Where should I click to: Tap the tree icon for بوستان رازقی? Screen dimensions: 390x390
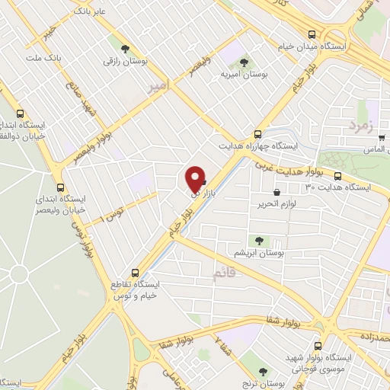point(116,42)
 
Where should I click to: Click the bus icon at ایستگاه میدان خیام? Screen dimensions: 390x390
point(312,34)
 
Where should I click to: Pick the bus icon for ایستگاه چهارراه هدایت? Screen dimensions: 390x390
point(258,131)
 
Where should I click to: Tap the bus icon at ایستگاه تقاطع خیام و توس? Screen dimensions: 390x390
point(136,272)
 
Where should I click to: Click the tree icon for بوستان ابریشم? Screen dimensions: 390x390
point(260,241)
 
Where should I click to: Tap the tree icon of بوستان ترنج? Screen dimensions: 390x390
point(263,372)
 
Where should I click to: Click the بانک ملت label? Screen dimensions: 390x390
point(43,58)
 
